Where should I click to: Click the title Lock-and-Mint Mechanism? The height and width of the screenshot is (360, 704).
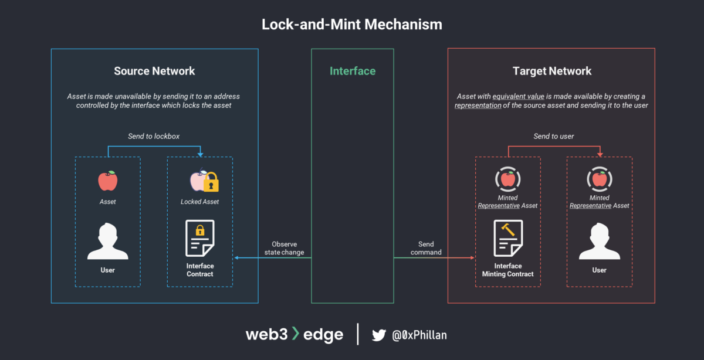[352, 25]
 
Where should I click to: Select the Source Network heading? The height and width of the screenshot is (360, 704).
[154, 71]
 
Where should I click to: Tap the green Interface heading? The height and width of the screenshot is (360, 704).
[353, 71]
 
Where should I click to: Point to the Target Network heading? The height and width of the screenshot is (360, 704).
[551, 71]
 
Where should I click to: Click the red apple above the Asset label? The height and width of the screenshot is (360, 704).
[107, 181]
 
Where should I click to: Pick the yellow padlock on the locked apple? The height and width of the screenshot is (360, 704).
[211, 184]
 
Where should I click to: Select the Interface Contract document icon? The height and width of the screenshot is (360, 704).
[199, 238]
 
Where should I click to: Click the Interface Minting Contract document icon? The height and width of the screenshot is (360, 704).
[508, 238]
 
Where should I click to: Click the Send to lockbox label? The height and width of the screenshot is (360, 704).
[154, 137]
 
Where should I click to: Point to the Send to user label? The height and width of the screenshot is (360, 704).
[554, 137]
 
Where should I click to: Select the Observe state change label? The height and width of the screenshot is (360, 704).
[284, 248]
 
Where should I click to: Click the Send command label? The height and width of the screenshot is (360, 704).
[426, 248]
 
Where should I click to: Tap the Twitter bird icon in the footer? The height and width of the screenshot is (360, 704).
[379, 335]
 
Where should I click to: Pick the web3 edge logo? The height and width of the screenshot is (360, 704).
[294, 335]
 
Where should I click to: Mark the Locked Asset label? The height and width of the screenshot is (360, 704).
[199, 202]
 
